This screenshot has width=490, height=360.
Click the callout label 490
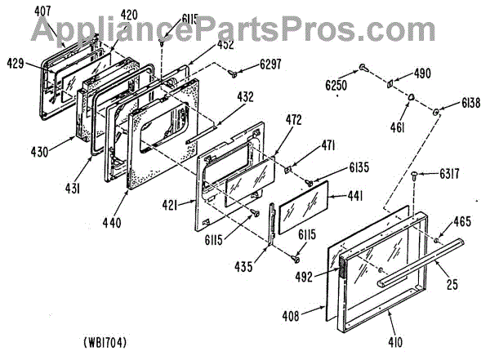pos(421,73)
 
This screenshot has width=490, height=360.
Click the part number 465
pos(461,221)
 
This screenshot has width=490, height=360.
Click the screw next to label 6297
pos(233,73)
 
